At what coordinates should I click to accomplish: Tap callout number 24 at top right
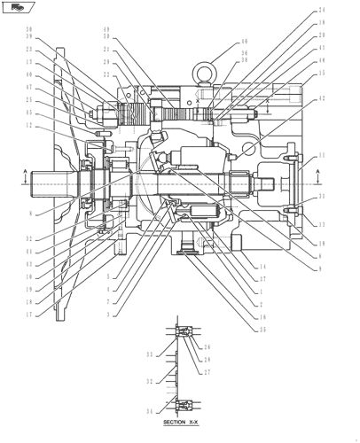click(x=321, y=11)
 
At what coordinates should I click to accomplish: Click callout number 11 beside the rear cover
click(x=321, y=155)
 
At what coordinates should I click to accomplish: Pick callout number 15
click(x=321, y=74)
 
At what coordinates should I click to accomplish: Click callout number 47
click(x=29, y=89)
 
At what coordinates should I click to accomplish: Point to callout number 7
click(x=108, y=302)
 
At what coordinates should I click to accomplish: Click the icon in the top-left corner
click(x=12, y=8)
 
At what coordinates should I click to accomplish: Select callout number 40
click(x=29, y=76)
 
